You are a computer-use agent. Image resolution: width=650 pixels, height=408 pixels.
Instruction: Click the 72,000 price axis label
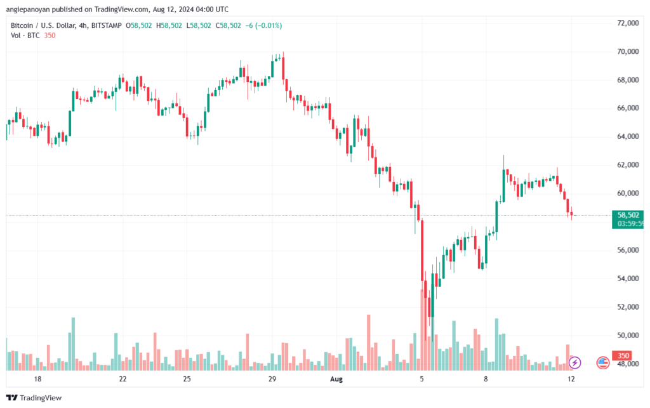point(628,23)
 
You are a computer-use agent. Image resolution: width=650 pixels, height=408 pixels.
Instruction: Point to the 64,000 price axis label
point(628,136)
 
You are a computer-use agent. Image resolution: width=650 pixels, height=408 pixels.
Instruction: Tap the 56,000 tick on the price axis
point(628,250)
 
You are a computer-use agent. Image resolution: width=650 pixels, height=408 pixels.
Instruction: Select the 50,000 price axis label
point(628,335)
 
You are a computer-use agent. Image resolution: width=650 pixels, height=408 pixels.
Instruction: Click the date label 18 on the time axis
point(37,379)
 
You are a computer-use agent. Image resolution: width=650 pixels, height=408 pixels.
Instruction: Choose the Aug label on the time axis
point(336,379)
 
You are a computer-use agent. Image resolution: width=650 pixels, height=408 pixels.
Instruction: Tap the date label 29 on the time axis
point(272,379)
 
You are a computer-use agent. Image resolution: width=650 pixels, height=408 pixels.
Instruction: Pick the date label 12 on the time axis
point(571,379)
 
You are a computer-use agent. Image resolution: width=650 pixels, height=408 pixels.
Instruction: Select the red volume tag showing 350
point(623,355)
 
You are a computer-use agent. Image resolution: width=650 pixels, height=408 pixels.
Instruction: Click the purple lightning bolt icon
point(574,363)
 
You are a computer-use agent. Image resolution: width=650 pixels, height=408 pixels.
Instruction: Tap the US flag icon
point(603,363)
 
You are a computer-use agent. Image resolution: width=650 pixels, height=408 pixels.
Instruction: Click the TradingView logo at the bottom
point(34,398)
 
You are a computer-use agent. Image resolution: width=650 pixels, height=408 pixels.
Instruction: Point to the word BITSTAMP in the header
point(106,25)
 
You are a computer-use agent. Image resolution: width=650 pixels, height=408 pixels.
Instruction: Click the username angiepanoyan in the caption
point(28,9)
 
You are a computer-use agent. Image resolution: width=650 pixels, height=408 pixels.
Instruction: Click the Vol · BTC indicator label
point(25,36)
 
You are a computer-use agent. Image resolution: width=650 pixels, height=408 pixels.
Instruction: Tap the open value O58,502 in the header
point(139,25)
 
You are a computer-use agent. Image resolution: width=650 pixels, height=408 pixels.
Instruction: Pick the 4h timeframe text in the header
point(83,25)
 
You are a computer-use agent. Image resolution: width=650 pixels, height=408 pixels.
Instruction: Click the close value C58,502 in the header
point(228,25)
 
